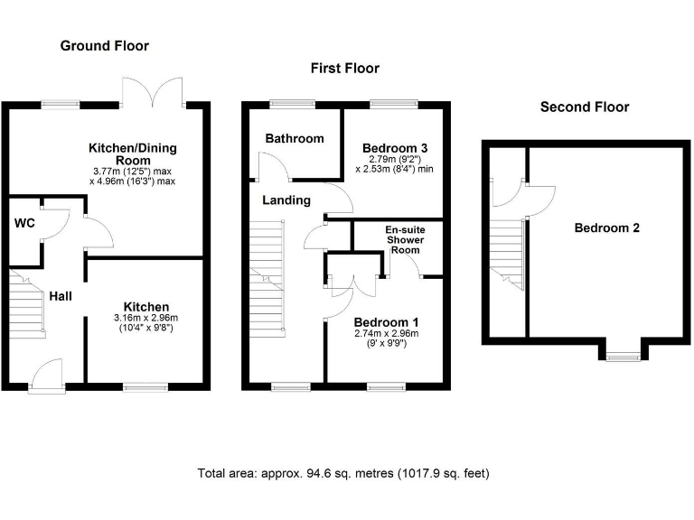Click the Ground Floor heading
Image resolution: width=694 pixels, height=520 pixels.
(x=105, y=45)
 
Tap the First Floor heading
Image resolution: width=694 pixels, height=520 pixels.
(x=345, y=68)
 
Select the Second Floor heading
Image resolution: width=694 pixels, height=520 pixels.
(x=585, y=107)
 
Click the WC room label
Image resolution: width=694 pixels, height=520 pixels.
(x=24, y=223)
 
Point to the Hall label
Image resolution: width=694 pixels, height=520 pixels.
(x=61, y=296)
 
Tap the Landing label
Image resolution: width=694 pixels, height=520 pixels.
(x=286, y=200)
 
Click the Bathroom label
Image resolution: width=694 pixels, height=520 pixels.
(x=295, y=138)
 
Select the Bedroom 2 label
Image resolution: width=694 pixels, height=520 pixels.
(x=607, y=227)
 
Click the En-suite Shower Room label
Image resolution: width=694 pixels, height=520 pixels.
(x=405, y=239)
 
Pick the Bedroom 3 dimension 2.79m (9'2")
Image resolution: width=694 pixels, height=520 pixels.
(x=395, y=159)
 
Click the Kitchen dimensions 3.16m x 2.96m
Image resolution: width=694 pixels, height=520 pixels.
(x=146, y=318)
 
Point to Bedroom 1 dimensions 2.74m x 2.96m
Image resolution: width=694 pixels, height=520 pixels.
(x=387, y=333)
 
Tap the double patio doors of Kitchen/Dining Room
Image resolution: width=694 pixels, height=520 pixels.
(x=153, y=92)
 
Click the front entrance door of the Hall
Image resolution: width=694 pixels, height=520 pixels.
(x=46, y=376)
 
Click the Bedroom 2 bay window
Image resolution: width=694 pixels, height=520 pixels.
(x=624, y=356)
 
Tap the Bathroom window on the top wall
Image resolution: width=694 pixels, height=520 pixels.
(x=293, y=105)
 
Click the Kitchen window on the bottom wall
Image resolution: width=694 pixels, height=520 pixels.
(x=145, y=387)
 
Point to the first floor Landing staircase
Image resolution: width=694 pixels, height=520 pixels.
(x=267, y=279)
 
